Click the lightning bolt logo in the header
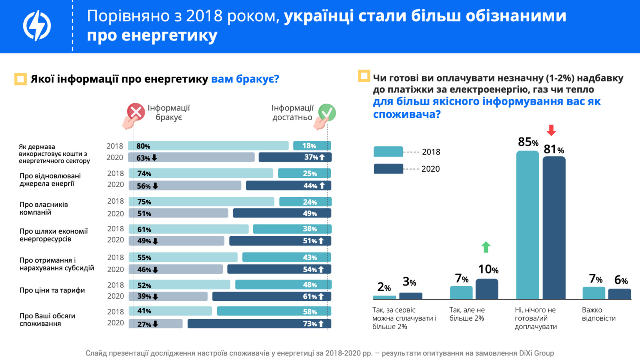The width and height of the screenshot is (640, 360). pos(37,25)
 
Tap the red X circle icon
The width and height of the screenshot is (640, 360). pos(136,112)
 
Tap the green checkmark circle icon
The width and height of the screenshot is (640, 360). pos(327,112)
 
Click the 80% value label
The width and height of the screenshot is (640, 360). pos(143,146)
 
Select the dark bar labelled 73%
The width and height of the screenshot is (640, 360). pos(259,324)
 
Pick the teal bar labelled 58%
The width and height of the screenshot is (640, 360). pos(274,311)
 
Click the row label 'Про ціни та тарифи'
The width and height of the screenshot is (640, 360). pos(52,290)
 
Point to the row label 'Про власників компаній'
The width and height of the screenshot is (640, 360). pos(44,208)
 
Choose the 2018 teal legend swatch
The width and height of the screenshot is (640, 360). pos(388,152)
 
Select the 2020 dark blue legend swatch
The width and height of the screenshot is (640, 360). pos(388,169)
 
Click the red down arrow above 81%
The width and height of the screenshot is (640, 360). pos(551,130)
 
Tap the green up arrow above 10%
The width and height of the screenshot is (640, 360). pos(486,247)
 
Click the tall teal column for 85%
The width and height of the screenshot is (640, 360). pos(527,225)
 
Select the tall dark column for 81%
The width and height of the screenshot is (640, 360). pos(554,227)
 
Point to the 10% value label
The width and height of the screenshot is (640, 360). pos(488,270)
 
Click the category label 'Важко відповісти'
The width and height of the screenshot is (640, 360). pos(598,314)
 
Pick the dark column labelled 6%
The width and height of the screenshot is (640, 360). pos(620,294)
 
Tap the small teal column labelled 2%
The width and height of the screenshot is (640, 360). pos(384,297)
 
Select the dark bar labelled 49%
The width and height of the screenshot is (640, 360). pos(282,213)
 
